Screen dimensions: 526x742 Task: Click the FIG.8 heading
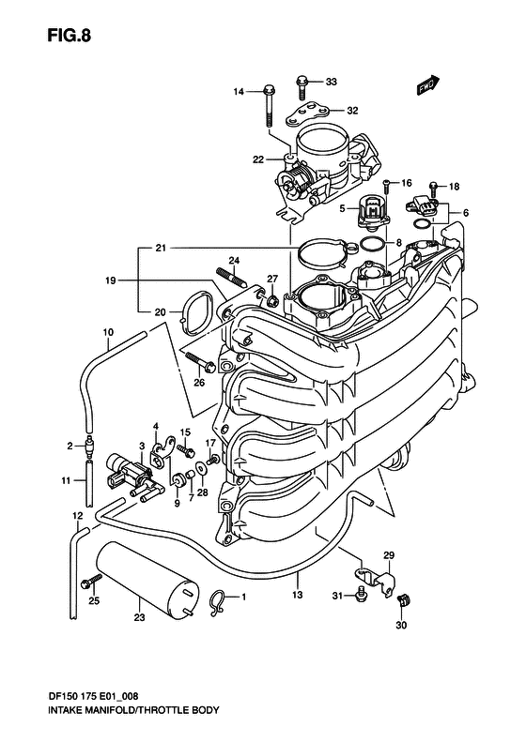[x=70, y=36]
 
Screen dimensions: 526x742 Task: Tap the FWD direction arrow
[x=428, y=85]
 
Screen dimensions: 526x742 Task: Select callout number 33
[x=331, y=82]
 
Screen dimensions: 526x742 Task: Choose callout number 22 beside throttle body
[x=257, y=160]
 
